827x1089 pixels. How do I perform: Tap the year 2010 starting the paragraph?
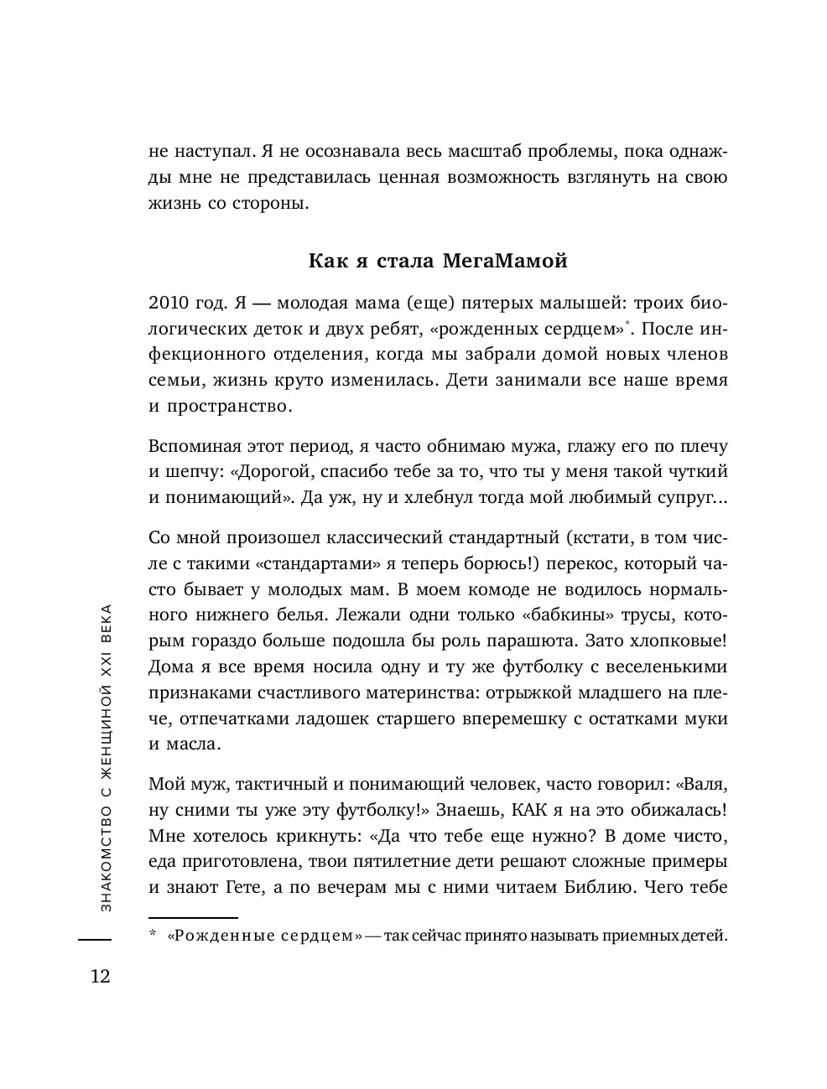170,303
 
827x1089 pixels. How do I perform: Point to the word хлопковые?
678,641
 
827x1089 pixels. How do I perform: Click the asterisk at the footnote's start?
153,934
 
